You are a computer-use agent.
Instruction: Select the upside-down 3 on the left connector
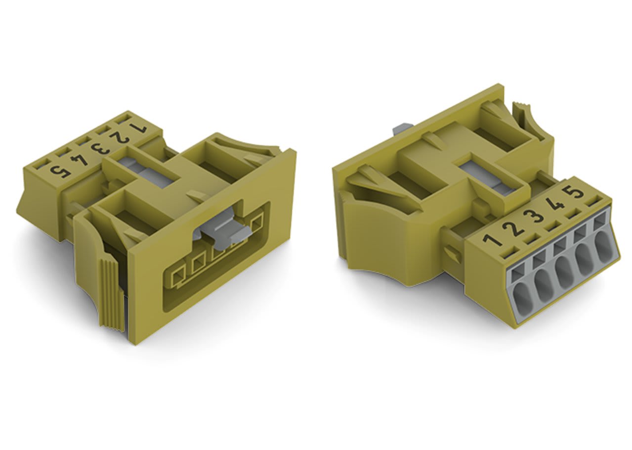click(100, 148)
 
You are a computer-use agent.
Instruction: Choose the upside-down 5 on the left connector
click(60, 172)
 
